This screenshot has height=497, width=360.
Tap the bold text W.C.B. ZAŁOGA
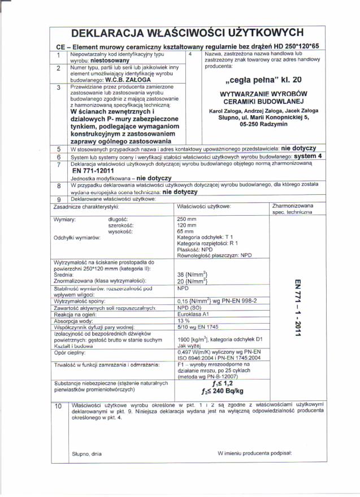click(x=128, y=80)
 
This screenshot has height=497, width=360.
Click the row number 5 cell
click(x=59, y=149)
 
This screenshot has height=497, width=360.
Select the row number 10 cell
click(x=59, y=406)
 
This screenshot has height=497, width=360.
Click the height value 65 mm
click(x=185, y=232)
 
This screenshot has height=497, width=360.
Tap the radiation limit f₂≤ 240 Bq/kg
click(x=222, y=390)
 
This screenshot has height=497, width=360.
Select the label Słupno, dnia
click(x=86, y=454)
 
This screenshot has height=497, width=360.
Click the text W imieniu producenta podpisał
click(x=254, y=454)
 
